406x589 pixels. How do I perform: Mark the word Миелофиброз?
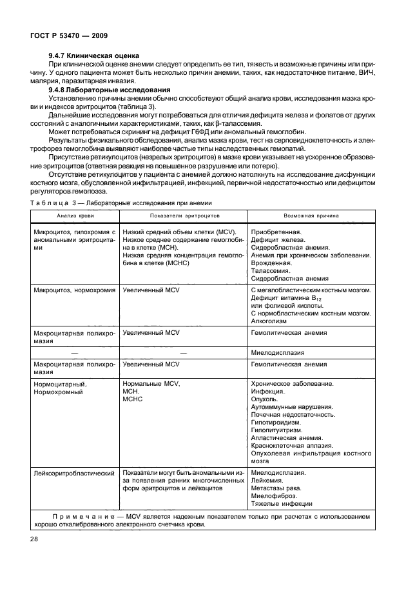pos(273,496)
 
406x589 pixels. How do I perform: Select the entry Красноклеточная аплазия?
pos(291,445)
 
